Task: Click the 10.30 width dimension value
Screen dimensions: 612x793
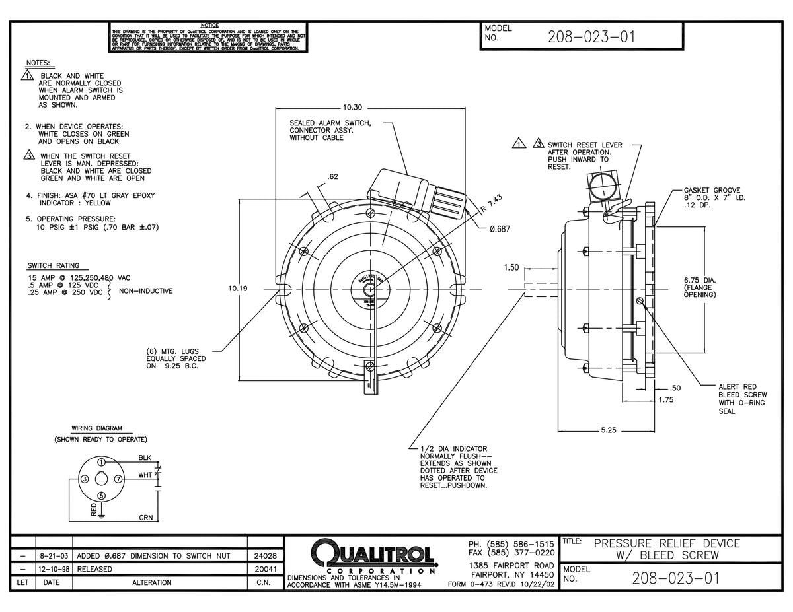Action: click(x=354, y=107)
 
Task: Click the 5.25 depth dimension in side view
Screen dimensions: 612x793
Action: click(x=609, y=430)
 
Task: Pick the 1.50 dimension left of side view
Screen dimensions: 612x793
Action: click(x=511, y=267)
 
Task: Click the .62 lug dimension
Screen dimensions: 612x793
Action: click(x=333, y=176)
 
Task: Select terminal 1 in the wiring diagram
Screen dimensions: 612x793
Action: click(x=101, y=462)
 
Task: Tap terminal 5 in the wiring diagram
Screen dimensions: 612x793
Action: click(x=101, y=495)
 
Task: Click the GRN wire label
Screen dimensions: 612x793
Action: click(x=145, y=518)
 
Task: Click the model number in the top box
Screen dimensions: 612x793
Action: click(x=591, y=37)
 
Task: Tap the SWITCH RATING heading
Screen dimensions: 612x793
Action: click(x=54, y=265)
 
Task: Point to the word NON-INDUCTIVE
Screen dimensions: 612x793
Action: click(x=145, y=290)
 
